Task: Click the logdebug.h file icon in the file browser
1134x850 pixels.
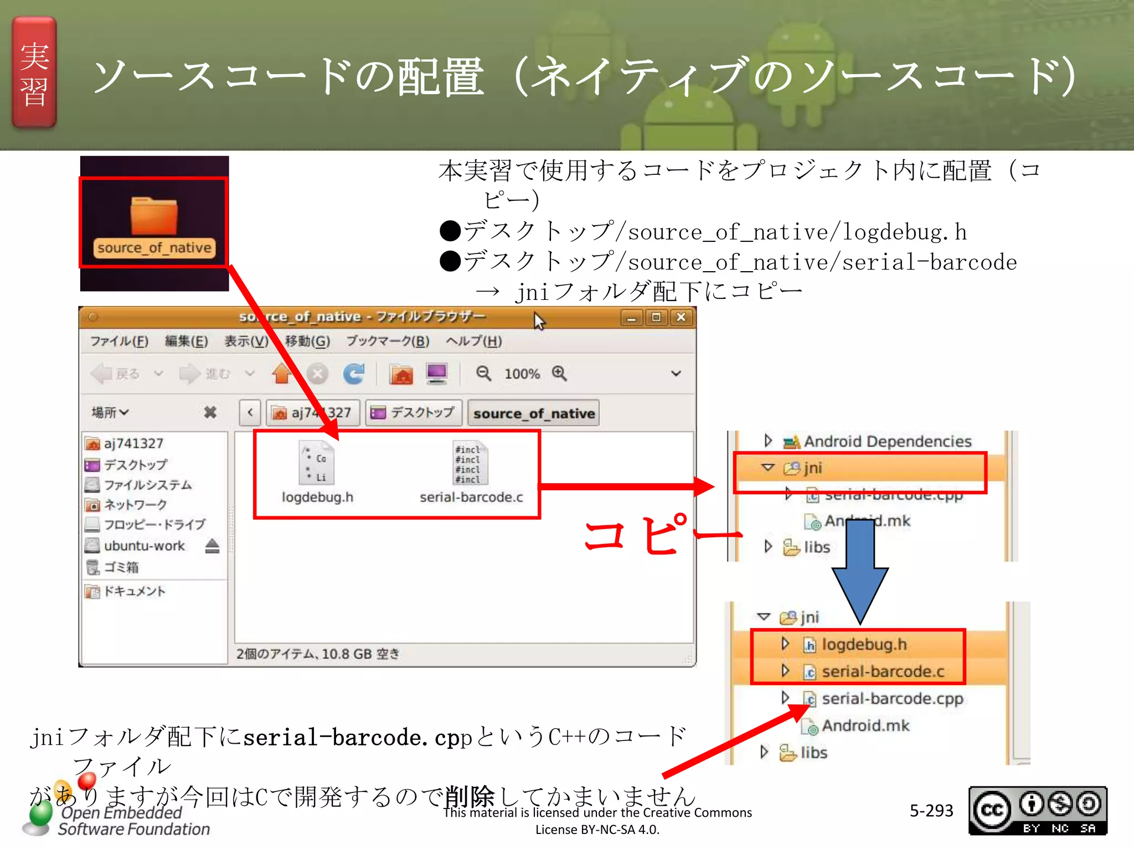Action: [x=317, y=463]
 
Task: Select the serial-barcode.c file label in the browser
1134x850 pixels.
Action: [x=471, y=497]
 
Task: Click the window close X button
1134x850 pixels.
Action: [x=681, y=317]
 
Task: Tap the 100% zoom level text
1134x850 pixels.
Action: [x=522, y=374]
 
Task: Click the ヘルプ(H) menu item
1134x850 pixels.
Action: [x=474, y=341]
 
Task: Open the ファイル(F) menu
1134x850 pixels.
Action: [x=119, y=341]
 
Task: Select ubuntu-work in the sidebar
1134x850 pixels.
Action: [x=144, y=546]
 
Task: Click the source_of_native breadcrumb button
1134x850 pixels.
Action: [x=534, y=413]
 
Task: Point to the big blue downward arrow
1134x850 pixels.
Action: [x=859, y=570]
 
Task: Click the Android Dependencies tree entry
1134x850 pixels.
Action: [x=887, y=441]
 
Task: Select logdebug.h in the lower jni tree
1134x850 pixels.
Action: [x=864, y=644]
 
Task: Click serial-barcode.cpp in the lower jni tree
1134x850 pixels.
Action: [x=892, y=698]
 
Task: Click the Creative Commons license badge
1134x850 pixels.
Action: [x=1037, y=810]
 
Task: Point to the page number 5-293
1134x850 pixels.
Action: [x=931, y=810]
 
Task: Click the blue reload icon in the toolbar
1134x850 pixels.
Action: [x=353, y=374]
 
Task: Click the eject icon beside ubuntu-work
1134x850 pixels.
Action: [x=212, y=546]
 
